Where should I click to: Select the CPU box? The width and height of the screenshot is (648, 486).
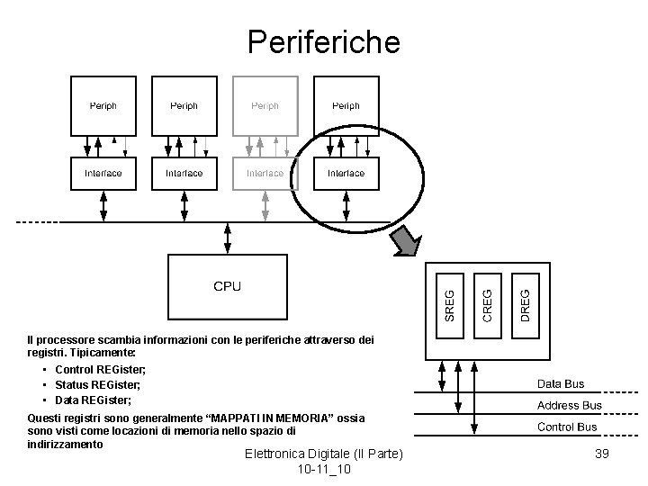click(x=227, y=285)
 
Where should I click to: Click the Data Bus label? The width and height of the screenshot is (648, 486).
click(x=561, y=384)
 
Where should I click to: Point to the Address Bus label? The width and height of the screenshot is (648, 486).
click(x=569, y=406)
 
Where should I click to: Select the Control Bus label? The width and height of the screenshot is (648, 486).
click(x=566, y=427)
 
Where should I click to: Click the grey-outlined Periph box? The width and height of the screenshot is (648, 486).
click(x=265, y=105)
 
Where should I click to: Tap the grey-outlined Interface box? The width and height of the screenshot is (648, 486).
click(x=265, y=173)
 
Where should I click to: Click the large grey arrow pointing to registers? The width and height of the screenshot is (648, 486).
click(x=409, y=239)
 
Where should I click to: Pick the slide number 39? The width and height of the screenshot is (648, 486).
click(x=602, y=454)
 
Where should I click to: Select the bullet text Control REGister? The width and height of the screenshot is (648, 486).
click(x=100, y=370)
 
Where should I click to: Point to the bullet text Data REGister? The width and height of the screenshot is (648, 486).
click(x=94, y=400)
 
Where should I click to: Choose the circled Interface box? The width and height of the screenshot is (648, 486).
click(x=346, y=173)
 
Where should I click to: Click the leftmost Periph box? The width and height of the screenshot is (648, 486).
click(x=103, y=105)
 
